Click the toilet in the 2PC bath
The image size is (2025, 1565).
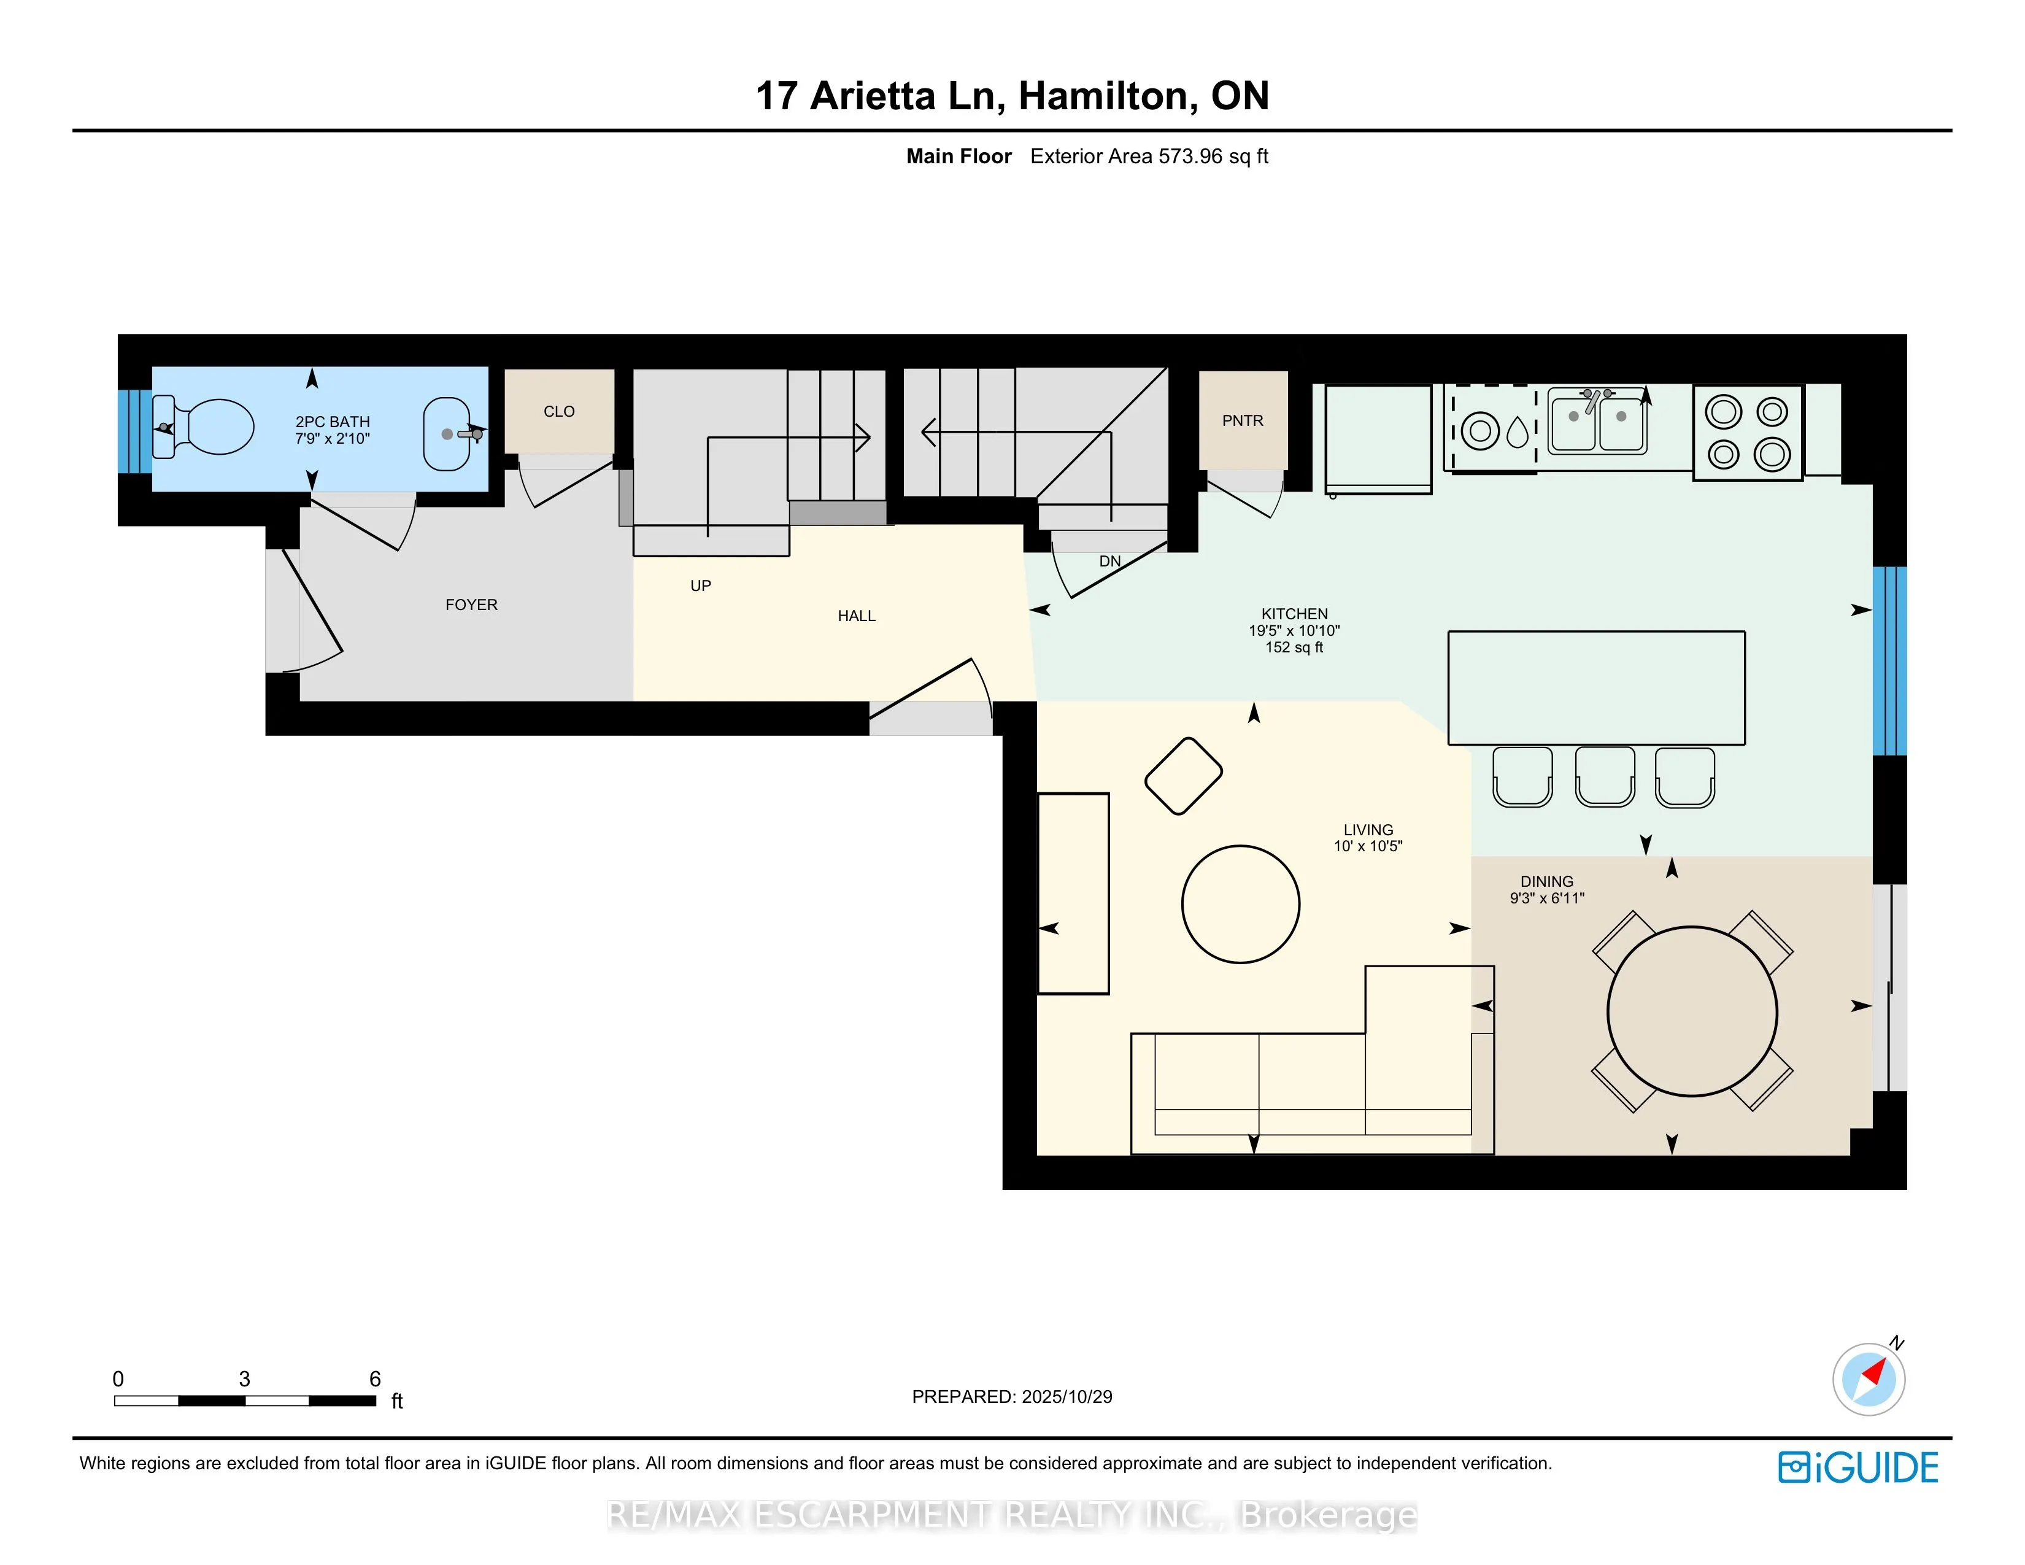pos(209,427)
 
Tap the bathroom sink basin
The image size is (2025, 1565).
pos(446,434)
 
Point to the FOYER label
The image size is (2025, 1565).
pos(471,605)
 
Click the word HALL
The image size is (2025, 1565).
pos(856,616)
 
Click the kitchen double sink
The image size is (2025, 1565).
pos(1597,423)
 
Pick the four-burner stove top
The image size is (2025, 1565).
pos(1747,433)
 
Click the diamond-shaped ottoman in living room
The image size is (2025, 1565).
pos(1183,776)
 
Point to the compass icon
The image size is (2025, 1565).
pos(1869,1378)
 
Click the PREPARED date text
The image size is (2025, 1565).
pos(1011,1396)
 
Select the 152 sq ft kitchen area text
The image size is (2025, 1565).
pos(1294,647)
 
